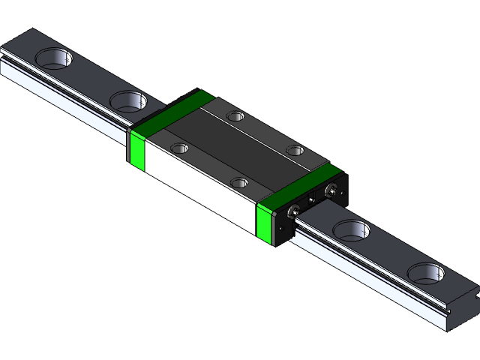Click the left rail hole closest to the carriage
point(129,100)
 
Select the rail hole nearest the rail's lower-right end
point(426,272)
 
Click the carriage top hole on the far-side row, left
point(236,116)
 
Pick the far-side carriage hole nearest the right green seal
point(296,151)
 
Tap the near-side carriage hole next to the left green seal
point(180,148)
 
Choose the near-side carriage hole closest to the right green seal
point(239,182)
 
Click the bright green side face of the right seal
point(265,223)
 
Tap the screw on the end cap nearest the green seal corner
point(292,211)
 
